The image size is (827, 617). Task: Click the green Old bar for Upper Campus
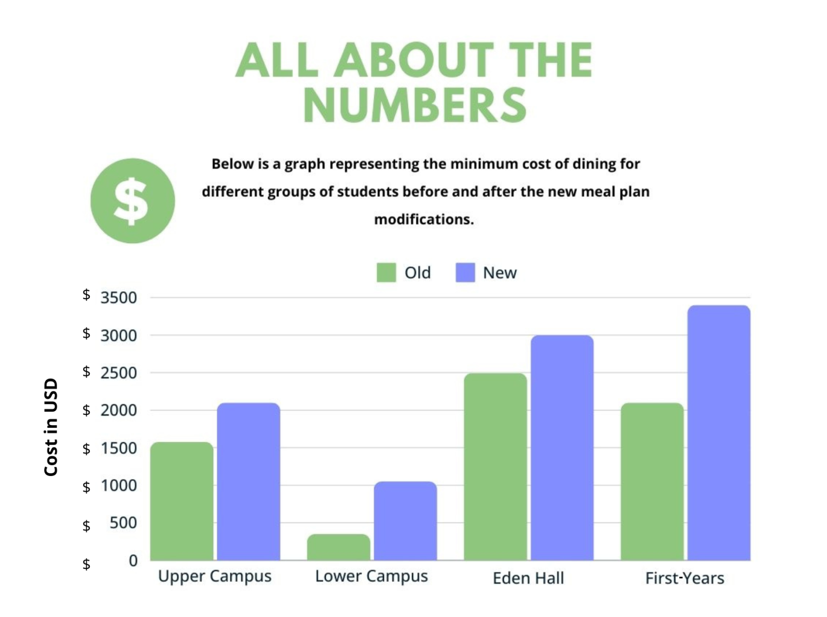(182, 501)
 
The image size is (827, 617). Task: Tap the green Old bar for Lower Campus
(338, 547)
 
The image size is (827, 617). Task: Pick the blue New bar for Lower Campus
(405, 521)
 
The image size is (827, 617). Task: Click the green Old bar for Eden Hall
(495, 466)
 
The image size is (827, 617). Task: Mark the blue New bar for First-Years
(719, 432)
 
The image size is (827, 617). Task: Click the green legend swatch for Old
(386, 273)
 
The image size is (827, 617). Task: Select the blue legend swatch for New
(465, 273)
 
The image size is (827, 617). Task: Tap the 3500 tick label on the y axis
(119, 298)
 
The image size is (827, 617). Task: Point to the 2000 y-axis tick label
(119, 411)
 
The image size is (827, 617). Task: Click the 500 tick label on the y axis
(123, 523)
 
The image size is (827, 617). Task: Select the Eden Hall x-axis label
(528, 578)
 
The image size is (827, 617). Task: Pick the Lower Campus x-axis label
(371, 577)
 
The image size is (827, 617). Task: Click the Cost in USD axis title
(51, 427)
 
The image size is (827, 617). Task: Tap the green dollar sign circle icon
(132, 201)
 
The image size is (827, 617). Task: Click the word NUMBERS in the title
(415, 105)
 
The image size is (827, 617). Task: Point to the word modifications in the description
(424, 219)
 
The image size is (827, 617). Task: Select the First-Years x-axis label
(684, 578)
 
